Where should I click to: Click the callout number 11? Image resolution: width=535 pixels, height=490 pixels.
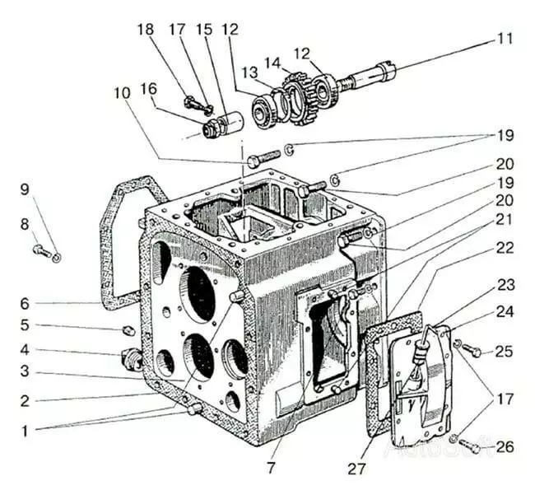tap(503, 38)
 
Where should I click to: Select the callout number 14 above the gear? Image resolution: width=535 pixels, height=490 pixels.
tap(271, 63)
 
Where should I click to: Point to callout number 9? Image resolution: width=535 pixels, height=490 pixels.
tap(25, 189)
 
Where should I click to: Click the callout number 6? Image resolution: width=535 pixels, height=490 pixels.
tap(25, 303)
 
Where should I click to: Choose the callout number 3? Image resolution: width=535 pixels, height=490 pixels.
tap(25, 371)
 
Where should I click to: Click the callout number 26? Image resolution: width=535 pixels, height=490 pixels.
tap(505, 448)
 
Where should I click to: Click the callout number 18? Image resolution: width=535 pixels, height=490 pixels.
tap(146, 30)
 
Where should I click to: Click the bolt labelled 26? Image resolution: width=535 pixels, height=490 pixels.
tap(470, 448)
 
